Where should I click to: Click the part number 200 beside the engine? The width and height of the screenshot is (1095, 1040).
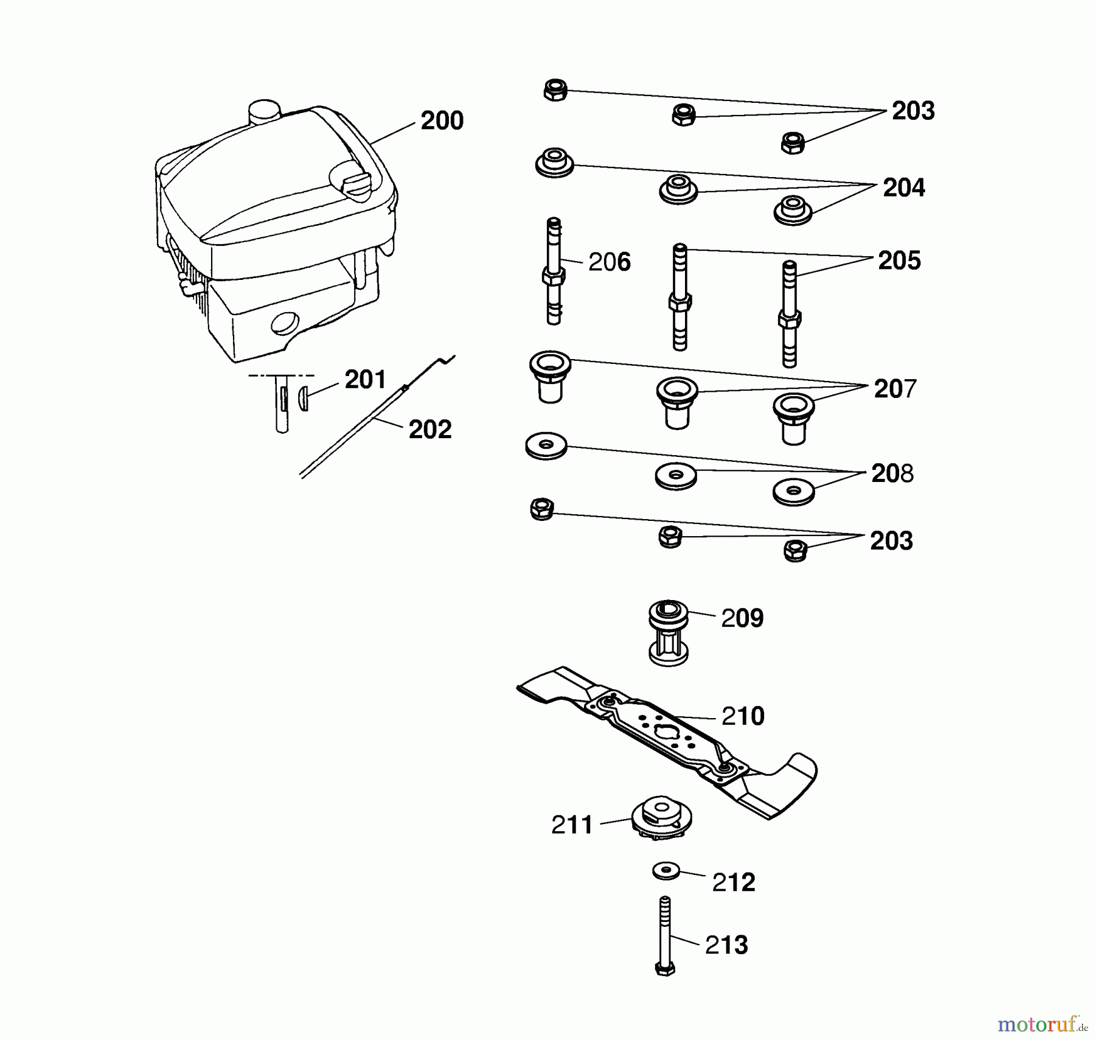click(x=442, y=121)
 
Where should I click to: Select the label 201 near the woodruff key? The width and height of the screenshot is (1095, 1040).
click(x=365, y=380)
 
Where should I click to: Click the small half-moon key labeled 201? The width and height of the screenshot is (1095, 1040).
click(x=304, y=399)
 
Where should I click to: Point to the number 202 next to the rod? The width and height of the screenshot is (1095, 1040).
click(x=429, y=430)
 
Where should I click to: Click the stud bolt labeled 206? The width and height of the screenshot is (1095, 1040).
click(x=554, y=274)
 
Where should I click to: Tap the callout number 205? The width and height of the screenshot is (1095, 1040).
click(x=899, y=261)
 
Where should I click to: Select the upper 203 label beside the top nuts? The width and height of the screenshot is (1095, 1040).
click(x=912, y=111)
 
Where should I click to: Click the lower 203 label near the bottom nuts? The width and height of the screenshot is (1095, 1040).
click(x=891, y=541)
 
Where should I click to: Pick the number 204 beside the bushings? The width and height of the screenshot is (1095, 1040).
click(x=903, y=187)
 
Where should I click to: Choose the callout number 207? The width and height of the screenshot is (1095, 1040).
click(x=894, y=389)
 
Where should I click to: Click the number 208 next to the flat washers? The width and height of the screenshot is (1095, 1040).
click(x=892, y=473)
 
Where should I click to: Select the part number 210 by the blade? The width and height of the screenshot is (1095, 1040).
click(x=742, y=716)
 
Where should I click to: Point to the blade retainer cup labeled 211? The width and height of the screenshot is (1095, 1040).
click(x=661, y=820)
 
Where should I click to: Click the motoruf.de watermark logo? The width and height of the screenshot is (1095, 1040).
click(x=1042, y=1025)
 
